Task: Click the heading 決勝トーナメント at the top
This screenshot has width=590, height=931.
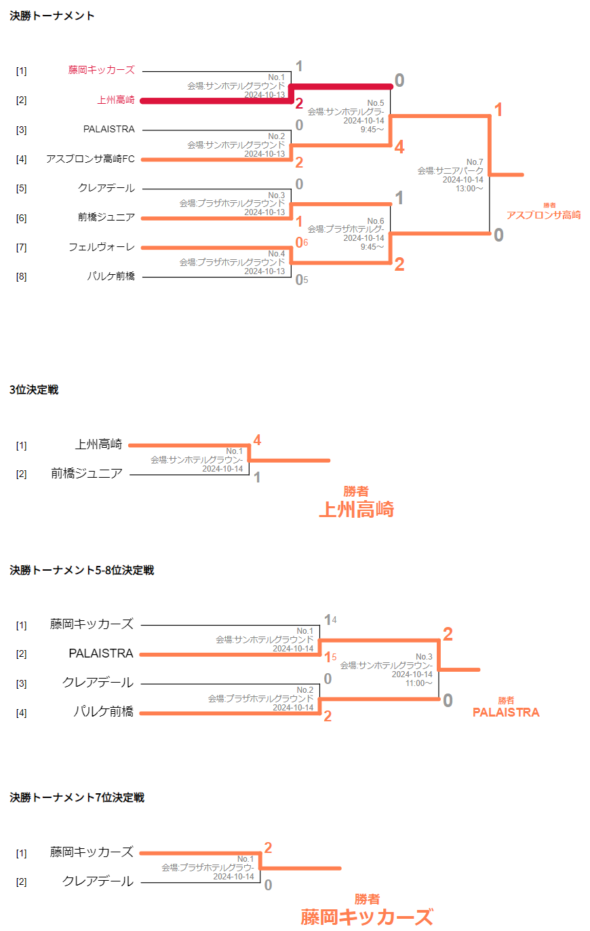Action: pos(52,16)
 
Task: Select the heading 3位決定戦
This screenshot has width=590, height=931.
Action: pos(34,389)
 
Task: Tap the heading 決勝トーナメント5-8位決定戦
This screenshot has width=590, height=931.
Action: pos(82,570)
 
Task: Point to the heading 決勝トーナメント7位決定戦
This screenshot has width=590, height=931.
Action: pos(77,797)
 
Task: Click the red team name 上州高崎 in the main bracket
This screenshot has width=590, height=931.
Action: pos(116,100)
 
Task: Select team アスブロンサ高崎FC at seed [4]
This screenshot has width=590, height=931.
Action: pos(91,159)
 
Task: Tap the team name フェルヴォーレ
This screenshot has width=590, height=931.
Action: pos(102,247)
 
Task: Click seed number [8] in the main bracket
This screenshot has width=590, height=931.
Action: pos(21,276)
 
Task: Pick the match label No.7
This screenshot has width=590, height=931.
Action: pos(475,161)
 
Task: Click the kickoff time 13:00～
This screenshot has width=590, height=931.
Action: pos(469,188)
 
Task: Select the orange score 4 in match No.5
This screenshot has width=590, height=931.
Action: pos(399,147)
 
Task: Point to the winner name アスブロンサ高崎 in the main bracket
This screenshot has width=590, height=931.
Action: pos(543,215)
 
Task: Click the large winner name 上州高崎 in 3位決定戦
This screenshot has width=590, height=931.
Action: pos(357,509)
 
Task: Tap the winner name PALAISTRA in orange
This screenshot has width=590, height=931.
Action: pos(506,712)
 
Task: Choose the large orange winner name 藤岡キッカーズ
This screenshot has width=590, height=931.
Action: pos(367,917)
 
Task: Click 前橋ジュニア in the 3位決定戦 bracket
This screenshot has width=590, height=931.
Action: pos(86,474)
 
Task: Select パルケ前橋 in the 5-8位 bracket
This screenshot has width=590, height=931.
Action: pos(104,712)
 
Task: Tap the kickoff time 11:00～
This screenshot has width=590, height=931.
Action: pos(419,683)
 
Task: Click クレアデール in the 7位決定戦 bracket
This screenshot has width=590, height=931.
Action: pos(98,881)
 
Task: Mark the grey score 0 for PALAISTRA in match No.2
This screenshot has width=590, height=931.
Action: pos(299,125)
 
